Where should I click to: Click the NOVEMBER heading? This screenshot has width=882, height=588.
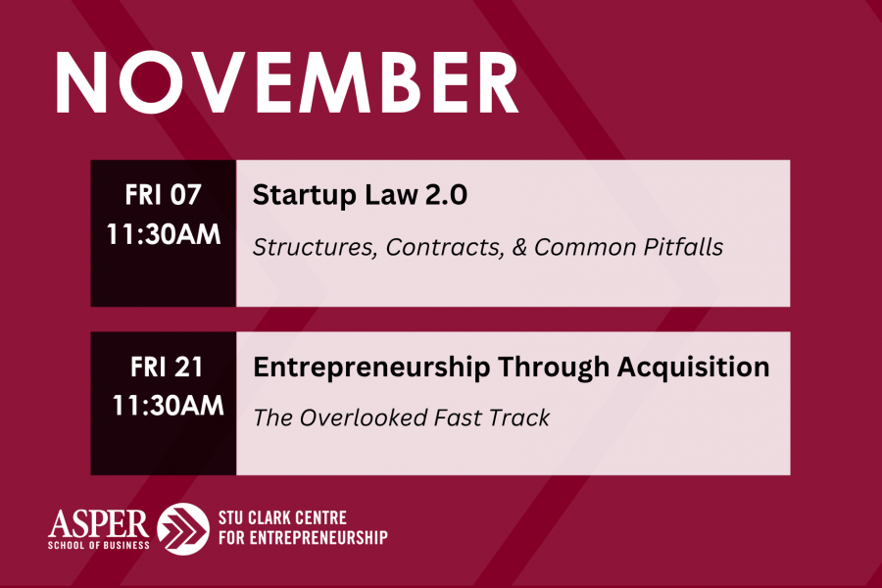coord(287,82)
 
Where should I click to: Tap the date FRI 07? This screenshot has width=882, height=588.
coord(163,195)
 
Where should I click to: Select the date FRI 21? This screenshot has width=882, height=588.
coord(167,367)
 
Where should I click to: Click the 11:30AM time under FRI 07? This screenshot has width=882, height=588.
coord(164,234)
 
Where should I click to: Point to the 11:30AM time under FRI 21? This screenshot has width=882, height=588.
coord(169,405)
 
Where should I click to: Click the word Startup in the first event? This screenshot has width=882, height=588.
coord(305,196)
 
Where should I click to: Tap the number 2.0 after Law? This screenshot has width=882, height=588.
coord(446,195)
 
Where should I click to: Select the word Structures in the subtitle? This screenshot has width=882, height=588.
coord(315,248)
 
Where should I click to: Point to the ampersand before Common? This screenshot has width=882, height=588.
coord(519,248)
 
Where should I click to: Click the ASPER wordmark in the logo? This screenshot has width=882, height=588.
coord(98,524)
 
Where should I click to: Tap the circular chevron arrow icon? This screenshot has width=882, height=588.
coord(183,529)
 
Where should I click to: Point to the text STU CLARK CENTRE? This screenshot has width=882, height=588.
coord(282,517)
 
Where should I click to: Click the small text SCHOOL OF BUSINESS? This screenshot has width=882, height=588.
coord(98,545)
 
